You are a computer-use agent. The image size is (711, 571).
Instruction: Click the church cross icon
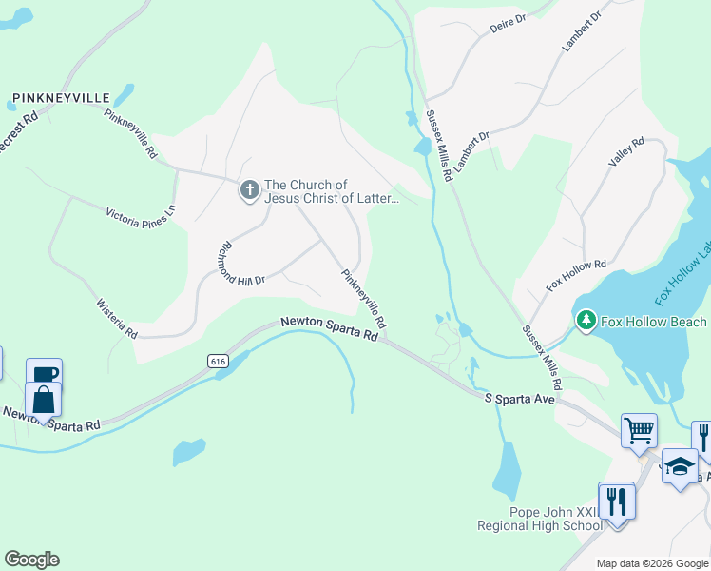pos(249,190)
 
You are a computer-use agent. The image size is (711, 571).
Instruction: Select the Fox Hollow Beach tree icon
pos(586,322)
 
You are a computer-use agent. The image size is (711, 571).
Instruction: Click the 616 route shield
pos(219,361)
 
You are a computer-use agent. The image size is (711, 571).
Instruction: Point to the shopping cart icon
pos(639,428)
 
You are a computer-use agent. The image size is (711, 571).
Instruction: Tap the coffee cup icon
pos(43,374)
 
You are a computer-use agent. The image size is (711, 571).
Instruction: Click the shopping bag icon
pos(43,398)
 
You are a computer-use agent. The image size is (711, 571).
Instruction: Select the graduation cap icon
pos(679,465)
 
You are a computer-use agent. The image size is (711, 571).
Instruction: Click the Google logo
pos(31,560)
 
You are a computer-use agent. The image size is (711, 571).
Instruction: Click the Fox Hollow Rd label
pos(576,275)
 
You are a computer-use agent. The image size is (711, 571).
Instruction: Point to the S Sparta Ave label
pos(519,400)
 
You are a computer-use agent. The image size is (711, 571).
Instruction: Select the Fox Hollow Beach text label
pos(656,322)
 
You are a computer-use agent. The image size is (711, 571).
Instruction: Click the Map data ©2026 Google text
pos(653,563)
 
